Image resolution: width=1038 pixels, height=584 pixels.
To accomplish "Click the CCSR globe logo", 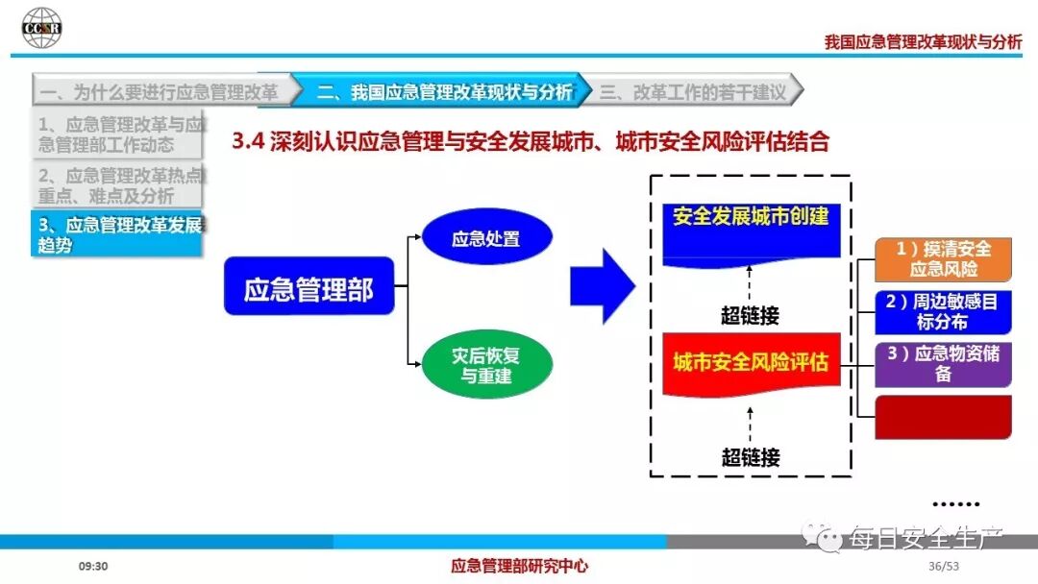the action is point(41,28).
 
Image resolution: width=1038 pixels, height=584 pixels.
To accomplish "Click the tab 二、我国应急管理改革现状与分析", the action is point(438,92).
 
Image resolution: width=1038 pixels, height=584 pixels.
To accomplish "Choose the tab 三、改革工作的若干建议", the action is point(692,92).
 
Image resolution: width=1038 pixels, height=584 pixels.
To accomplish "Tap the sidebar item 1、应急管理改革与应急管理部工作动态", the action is point(118,134).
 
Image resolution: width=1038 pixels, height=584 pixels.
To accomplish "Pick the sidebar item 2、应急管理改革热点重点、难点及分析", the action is point(118,185).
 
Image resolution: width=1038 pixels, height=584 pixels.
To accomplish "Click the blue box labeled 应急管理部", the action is point(309,286).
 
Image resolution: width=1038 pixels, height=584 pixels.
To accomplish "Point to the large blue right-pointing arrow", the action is point(603,286).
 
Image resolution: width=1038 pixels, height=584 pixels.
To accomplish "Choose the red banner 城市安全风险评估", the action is point(751,363).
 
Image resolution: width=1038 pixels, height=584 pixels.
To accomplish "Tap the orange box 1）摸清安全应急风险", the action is point(943,258).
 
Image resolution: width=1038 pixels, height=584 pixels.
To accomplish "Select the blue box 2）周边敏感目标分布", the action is point(943,311).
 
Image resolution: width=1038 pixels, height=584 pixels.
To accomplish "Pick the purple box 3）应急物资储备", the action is point(943,363).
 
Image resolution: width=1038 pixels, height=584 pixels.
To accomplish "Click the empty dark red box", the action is point(943,417).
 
